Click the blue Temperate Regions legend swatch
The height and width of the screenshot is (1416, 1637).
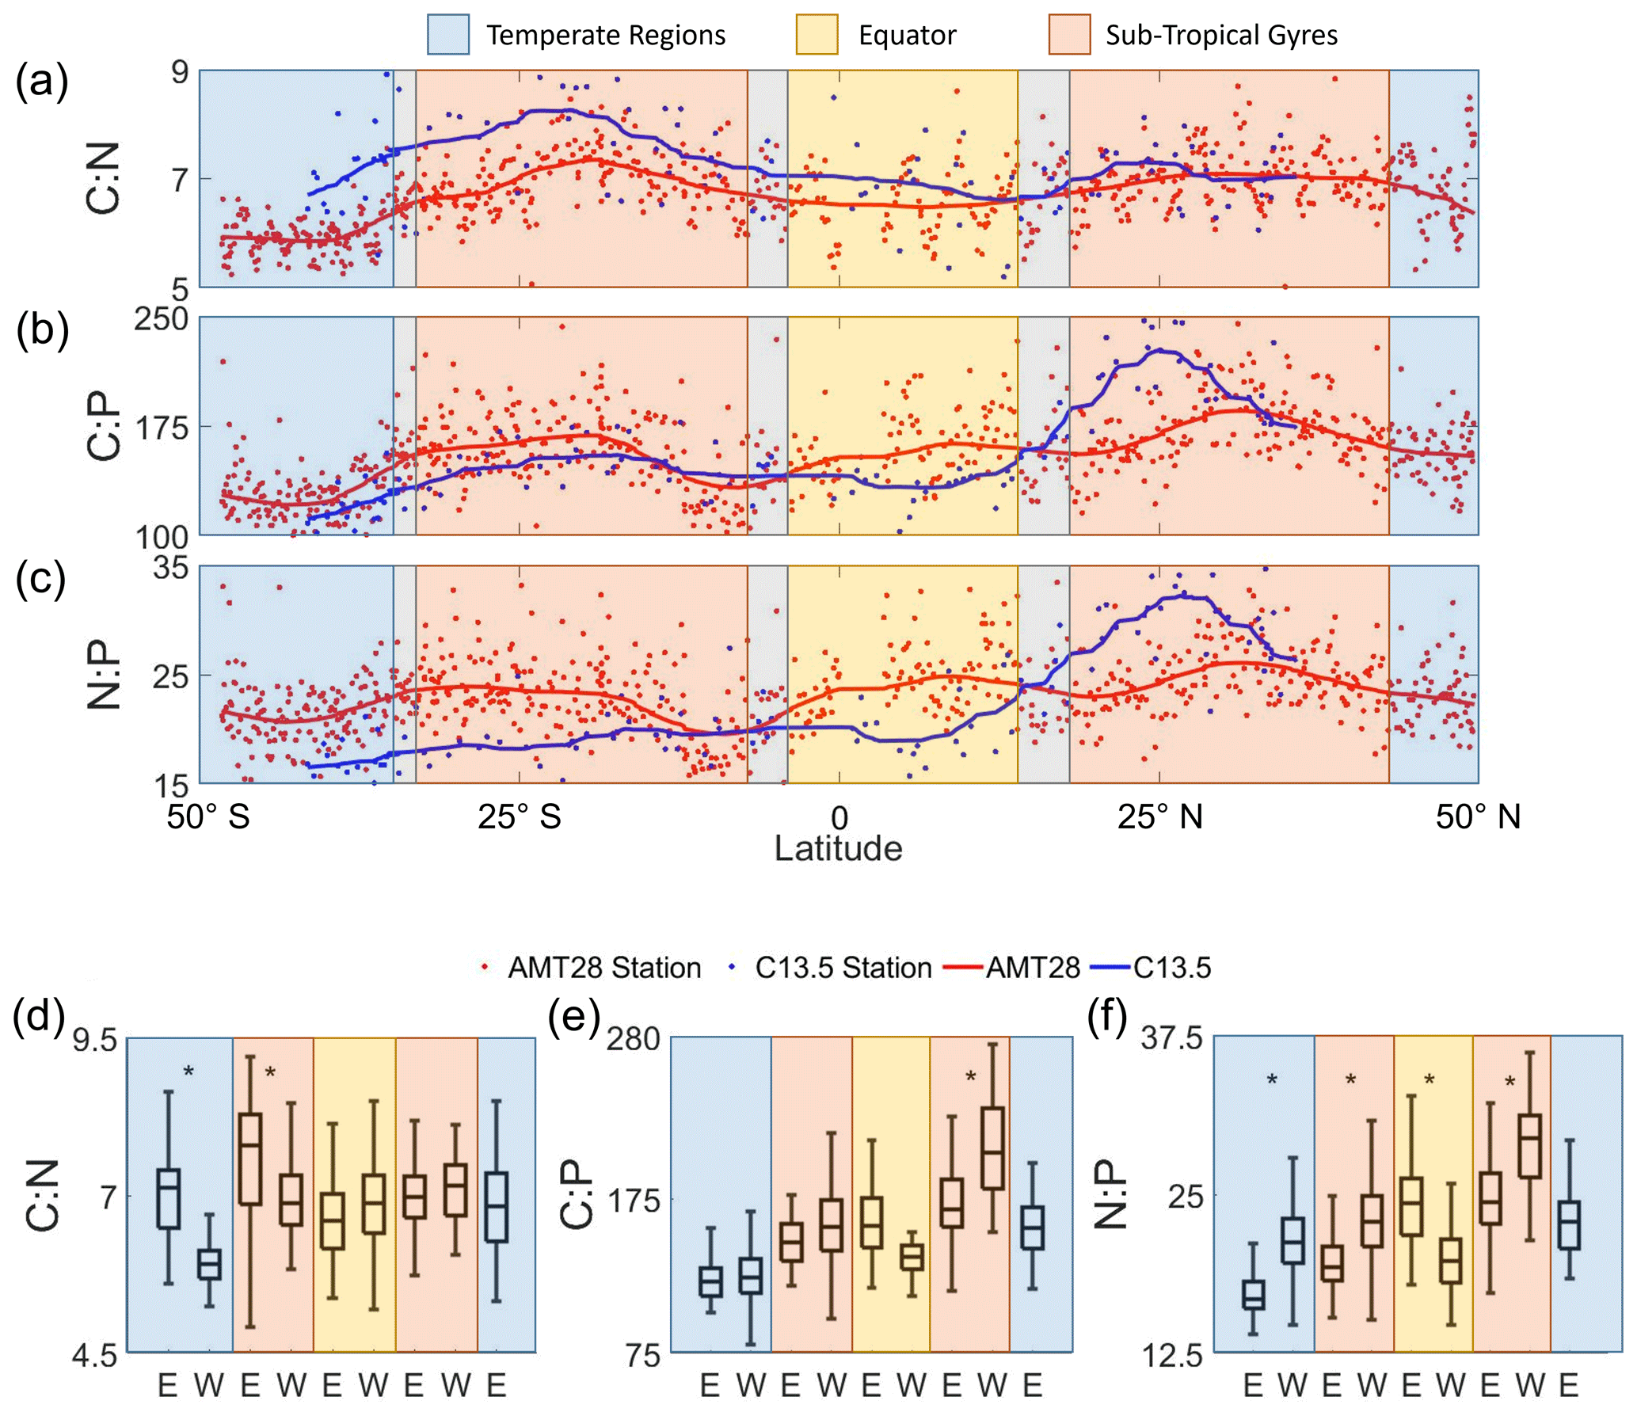pos(447,35)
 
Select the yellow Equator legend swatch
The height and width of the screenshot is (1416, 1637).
pos(817,35)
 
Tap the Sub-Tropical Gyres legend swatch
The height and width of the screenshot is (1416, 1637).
pos(1069,35)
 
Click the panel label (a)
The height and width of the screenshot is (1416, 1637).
pos(41,81)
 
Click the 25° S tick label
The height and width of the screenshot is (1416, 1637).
pos(519,816)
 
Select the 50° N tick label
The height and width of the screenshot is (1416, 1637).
pos(1478,816)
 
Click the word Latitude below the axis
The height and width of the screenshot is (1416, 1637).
pos(838,848)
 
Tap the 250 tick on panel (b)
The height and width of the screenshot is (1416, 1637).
pos(161,319)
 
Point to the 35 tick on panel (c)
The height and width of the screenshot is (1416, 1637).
pos(171,568)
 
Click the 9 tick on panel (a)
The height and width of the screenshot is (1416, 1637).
pos(181,72)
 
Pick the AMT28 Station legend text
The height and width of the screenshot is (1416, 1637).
pos(603,968)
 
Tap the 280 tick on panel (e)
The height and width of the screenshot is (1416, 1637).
pos(633,1038)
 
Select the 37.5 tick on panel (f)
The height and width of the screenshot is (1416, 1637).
pos(1171,1038)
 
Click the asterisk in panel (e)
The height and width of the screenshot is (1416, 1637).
pos(971,1077)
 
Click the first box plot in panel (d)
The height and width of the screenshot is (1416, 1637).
pos(168,1198)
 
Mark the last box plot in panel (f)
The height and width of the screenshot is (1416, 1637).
pos(1569,1225)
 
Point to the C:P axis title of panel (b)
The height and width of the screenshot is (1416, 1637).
pos(103,428)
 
